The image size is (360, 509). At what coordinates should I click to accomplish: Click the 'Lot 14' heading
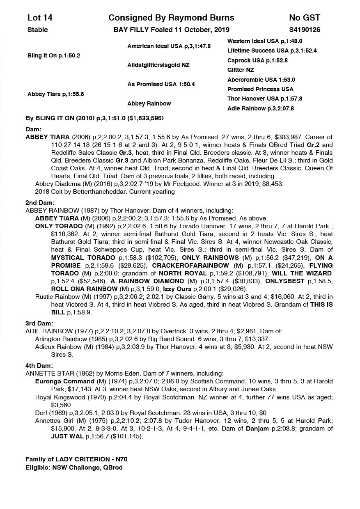pos(40,18)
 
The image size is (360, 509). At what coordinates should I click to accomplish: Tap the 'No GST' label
pos(304,18)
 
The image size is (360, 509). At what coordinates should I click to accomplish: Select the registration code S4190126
pos(305,30)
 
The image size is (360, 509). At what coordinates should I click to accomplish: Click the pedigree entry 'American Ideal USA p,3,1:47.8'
pos(169,46)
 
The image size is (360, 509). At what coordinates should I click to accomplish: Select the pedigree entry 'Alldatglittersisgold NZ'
pos(158,65)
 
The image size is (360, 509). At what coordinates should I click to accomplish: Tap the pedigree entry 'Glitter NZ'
pos(241,70)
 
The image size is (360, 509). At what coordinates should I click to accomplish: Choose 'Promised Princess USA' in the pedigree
pos(260,89)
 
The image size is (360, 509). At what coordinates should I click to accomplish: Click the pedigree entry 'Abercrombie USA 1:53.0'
pos(261,80)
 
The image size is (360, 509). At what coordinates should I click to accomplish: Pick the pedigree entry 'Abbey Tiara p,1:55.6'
pos(55,94)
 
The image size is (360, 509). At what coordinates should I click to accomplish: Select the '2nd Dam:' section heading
pos(40,203)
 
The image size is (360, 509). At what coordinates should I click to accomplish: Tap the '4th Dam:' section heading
pos(40,366)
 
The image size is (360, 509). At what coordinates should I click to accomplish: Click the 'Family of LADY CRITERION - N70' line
pos(79,459)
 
